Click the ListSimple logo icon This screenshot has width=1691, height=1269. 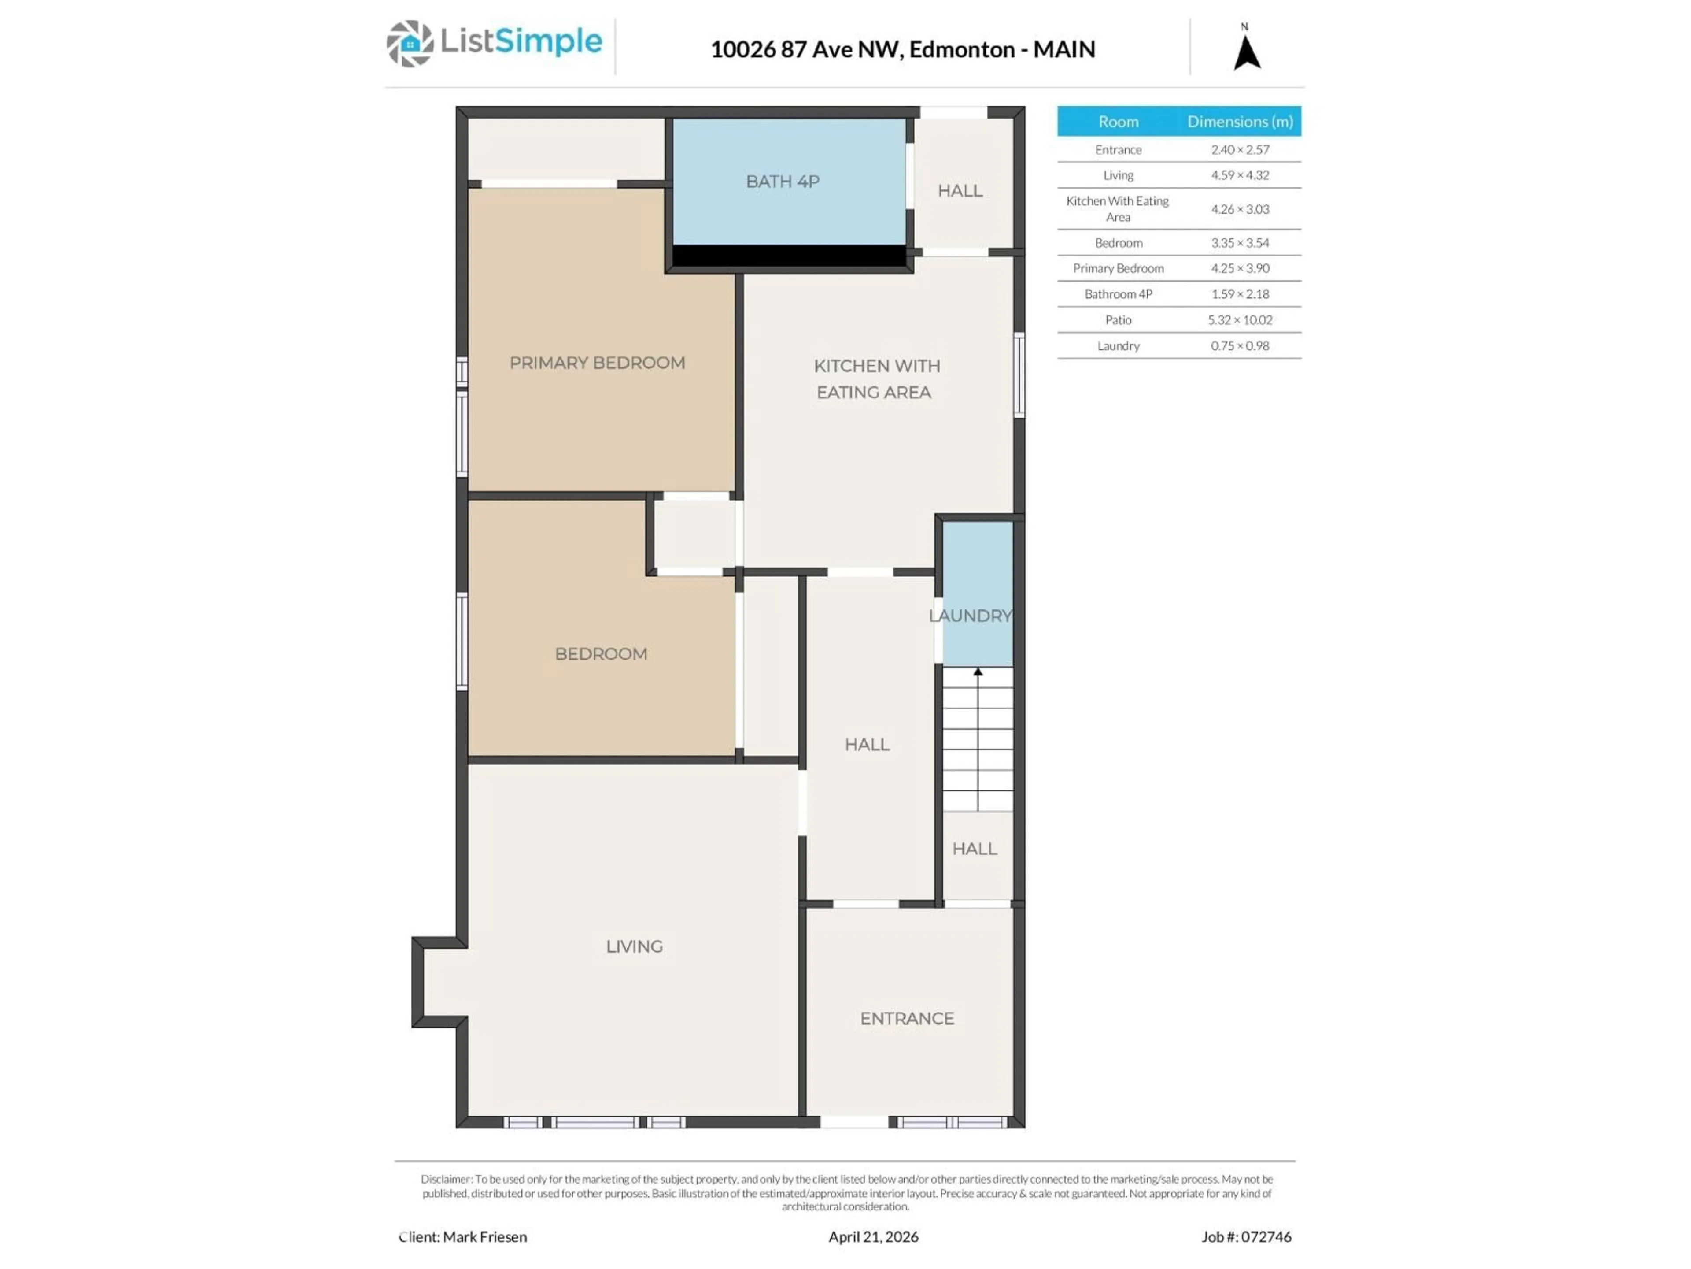click(409, 44)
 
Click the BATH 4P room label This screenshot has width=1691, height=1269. click(782, 181)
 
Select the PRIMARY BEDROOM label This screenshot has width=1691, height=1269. click(597, 363)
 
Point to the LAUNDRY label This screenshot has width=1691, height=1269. click(970, 616)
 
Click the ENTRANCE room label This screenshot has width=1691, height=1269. click(907, 1018)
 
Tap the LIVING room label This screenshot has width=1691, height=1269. click(634, 946)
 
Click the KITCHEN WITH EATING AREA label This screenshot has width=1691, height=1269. click(875, 378)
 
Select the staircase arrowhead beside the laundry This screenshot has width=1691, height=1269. click(978, 672)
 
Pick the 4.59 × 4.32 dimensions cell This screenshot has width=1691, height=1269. click(1239, 175)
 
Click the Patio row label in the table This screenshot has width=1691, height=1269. click(1118, 320)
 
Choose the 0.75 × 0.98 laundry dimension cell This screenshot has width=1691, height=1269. click(1239, 346)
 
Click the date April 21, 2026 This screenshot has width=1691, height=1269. click(873, 1236)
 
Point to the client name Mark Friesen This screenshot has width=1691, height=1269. click(485, 1236)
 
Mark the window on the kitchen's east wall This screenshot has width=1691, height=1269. click(1019, 375)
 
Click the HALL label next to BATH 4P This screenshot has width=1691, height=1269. click(960, 190)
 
